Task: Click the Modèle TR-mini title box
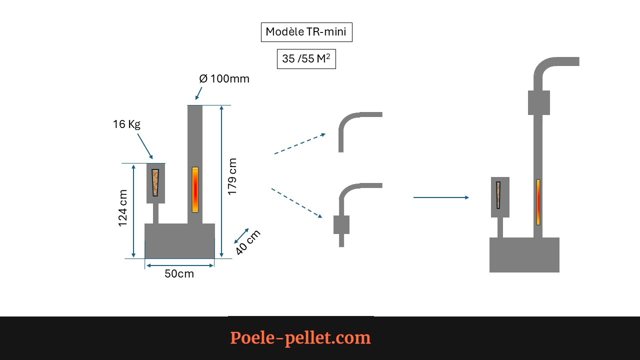pos(306,32)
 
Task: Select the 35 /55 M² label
pos(306,59)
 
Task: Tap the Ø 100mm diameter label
pos(224,79)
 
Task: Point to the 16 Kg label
pos(126,124)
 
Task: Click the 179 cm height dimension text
pos(232,176)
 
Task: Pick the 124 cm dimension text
pos(123,208)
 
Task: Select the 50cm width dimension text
pos(179,274)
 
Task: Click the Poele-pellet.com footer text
pos(300,338)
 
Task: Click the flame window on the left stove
pos(195,189)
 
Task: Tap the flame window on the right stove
pos(538,202)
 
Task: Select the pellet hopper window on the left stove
pos(155,182)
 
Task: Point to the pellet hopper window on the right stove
pos(498,195)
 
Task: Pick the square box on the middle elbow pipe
pos(341,225)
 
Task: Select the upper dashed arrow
pos(299,143)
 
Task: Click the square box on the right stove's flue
pos(539,102)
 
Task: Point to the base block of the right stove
pos(524,255)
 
